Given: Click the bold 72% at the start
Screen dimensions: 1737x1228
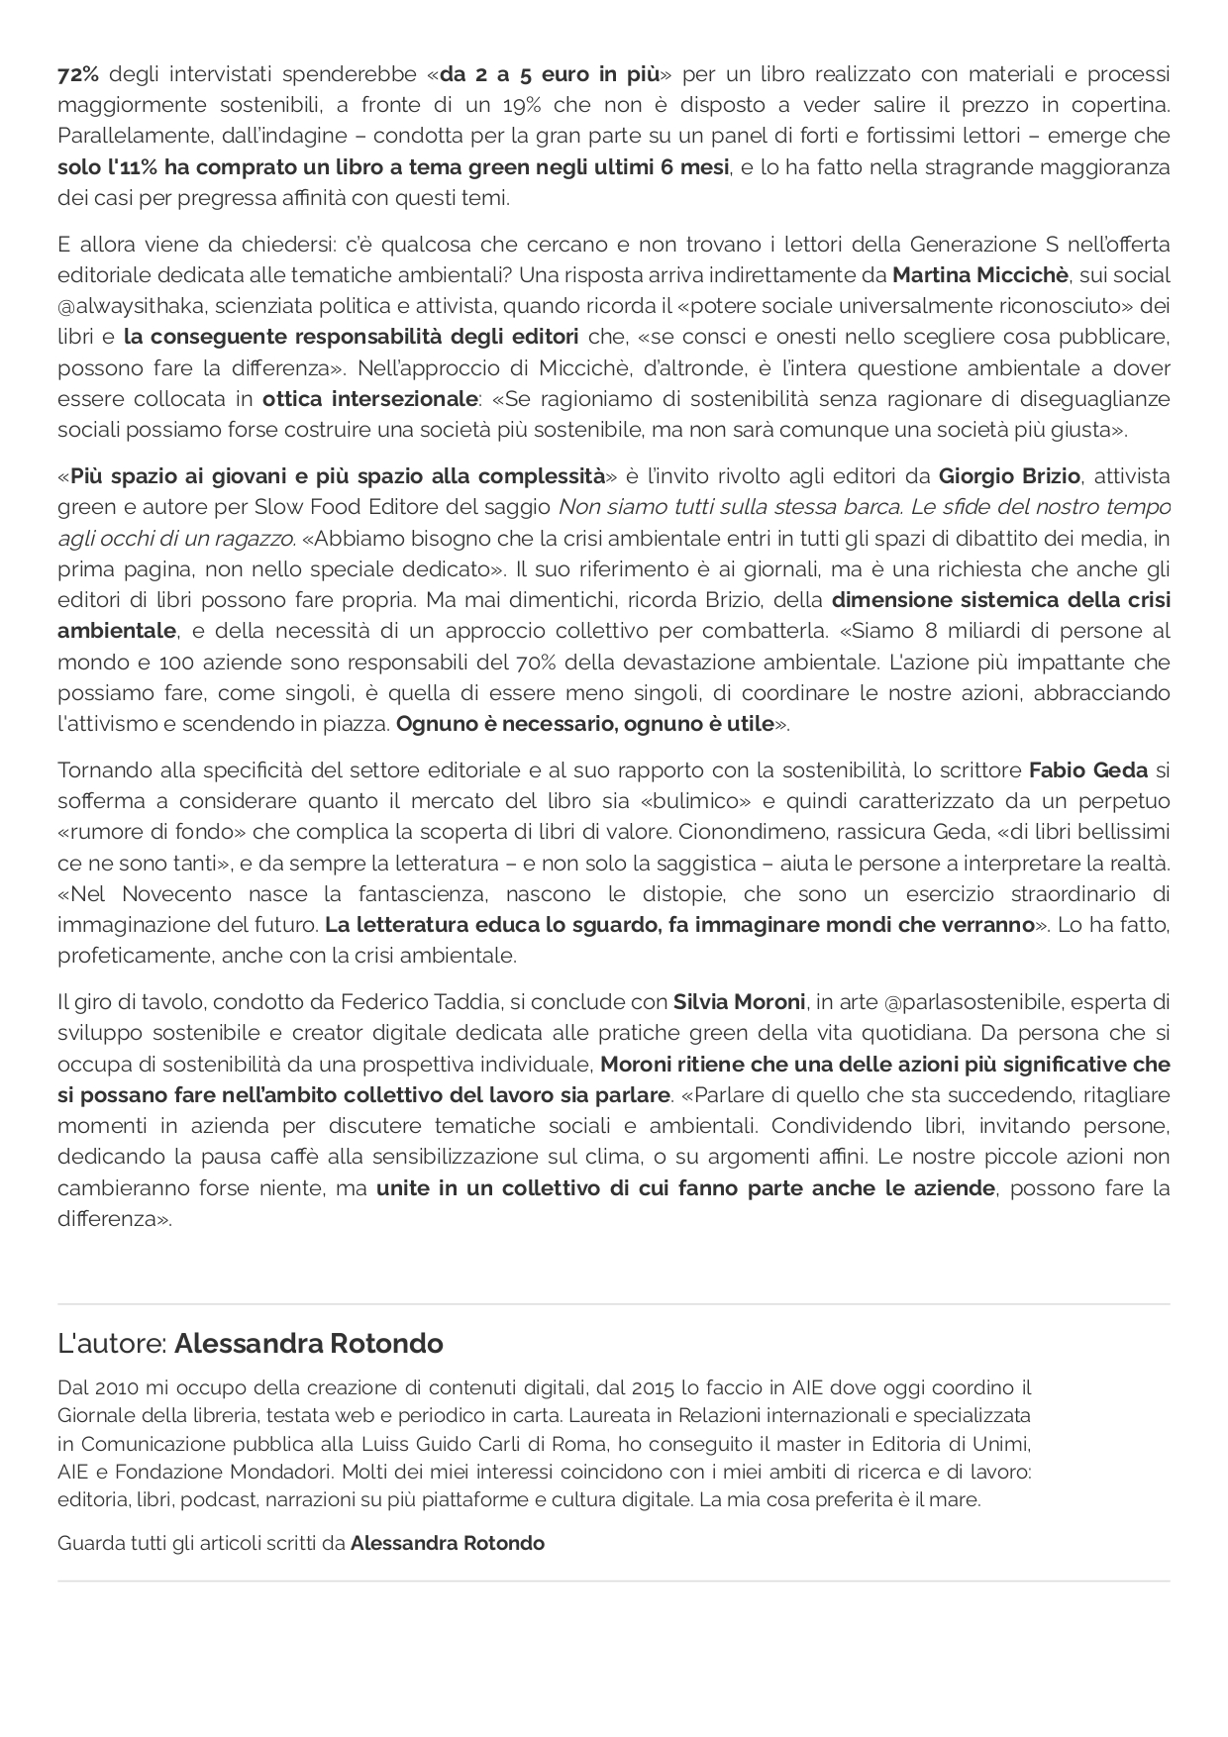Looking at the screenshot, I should tap(78, 74).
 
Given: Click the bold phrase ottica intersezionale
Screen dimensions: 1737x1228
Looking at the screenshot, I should tap(369, 399).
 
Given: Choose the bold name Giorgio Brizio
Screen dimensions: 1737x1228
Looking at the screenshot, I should tap(1008, 476).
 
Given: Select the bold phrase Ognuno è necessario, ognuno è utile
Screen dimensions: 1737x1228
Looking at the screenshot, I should tap(584, 724).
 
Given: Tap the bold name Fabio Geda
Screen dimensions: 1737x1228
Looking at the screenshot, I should tap(1088, 770).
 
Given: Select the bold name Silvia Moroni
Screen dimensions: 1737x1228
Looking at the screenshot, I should tap(739, 1002).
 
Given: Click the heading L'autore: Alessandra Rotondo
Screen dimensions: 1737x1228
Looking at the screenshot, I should tap(251, 1344).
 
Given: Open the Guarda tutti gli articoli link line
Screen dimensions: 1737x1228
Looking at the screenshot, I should tap(301, 1543).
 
